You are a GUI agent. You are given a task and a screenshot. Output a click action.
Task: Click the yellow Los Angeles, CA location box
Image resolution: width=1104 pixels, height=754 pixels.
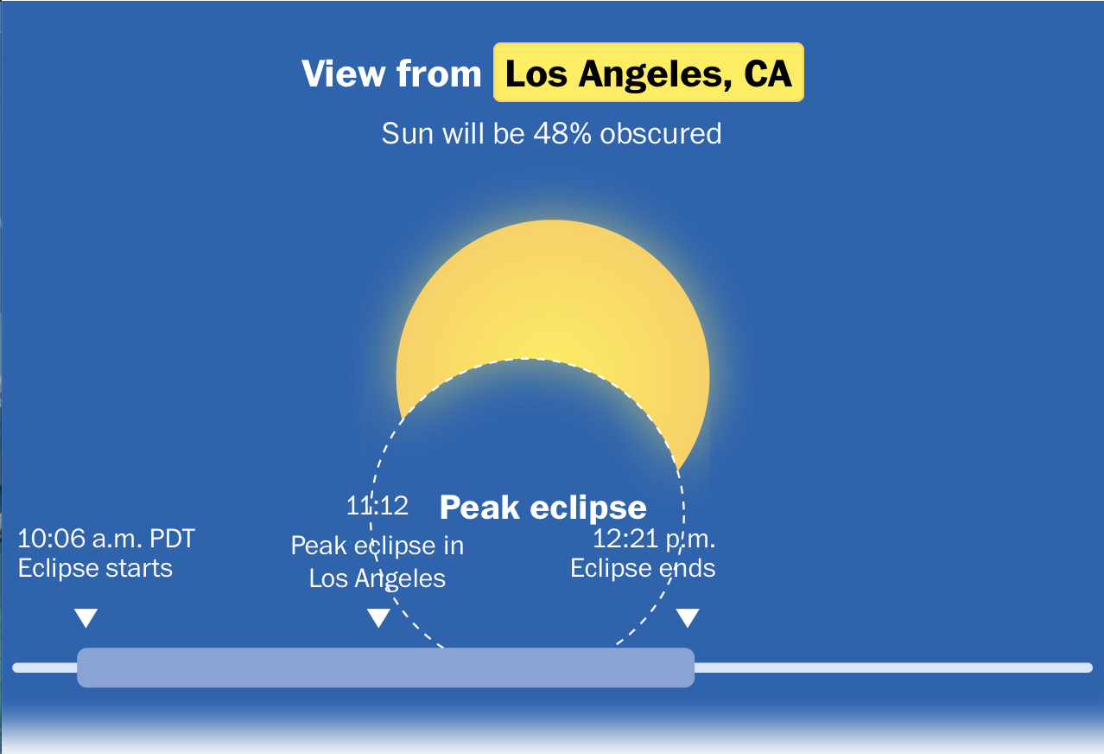[x=649, y=73]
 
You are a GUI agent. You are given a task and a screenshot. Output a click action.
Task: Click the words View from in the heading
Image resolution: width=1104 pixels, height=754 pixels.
[x=391, y=73]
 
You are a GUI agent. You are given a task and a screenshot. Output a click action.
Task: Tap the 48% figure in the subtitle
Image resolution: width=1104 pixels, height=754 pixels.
[x=562, y=133]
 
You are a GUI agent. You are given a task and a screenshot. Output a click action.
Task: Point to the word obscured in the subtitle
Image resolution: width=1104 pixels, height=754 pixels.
[x=661, y=133]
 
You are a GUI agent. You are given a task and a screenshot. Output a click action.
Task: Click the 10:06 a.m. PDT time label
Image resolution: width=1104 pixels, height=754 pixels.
[x=106, y=539]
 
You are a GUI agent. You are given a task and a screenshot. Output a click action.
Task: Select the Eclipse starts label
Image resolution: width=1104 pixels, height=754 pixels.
[x=95, y=568]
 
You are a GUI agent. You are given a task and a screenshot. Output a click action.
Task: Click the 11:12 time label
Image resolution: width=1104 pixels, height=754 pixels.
[x=378, y=505]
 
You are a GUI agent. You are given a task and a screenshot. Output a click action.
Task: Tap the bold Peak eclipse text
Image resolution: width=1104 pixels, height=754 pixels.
[x=542, y=508]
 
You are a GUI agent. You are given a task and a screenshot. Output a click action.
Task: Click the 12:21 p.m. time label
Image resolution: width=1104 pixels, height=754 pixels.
[x=654, y=539]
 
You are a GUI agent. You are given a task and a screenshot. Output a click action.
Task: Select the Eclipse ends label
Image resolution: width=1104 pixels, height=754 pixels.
[x=643, y=568]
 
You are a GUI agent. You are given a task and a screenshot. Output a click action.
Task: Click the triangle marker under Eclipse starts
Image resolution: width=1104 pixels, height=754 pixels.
[x=86, y=617]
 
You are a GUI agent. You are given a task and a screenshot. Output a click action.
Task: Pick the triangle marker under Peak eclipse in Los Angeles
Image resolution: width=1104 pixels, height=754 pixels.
[x=378, y=617]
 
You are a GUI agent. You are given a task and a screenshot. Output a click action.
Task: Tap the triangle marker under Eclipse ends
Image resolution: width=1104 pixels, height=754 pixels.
[x=688, y=617]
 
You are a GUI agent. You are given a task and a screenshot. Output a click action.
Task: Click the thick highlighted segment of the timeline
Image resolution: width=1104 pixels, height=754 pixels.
[x=386, y=668]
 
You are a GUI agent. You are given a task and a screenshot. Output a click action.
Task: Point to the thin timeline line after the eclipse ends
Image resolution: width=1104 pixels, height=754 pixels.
[x=893, y=668]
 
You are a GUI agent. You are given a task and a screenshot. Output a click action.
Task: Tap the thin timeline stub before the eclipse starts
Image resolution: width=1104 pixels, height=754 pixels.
[x=45, y=668]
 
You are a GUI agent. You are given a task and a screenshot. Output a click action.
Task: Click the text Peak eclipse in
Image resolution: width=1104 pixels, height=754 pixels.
[x=377, y=546]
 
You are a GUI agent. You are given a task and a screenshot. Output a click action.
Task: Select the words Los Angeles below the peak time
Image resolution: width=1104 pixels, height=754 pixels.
[x=377, y=578]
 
